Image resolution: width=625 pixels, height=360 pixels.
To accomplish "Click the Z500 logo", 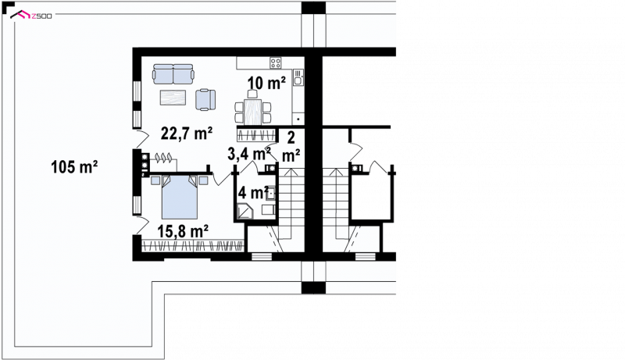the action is pyautogui.click(x=31, y=16).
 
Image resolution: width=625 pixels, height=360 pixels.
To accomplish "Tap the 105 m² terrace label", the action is pyautogui.click(x=74, y=167).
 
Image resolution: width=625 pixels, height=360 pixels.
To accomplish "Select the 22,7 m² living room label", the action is pyautogui.click(x=187, y=134).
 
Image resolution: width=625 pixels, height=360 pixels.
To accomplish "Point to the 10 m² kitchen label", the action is pyautogui.click(x=266, y=83).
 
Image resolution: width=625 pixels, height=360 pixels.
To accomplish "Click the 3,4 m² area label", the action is pyautogui.click(x=249, y=154).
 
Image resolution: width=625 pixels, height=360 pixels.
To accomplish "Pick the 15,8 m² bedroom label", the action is pyautogui.click(x=183, y=231).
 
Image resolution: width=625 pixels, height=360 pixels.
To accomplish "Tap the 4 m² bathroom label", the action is pyautogui.click(x=252, y=193).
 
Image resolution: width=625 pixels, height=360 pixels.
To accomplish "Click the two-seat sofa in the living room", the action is pyautogui.click(x=173, y=74).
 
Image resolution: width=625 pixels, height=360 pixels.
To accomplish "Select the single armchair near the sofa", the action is pyautogui.click(x=205, y=99).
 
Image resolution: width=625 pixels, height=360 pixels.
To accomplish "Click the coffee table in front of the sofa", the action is pyautogui.click(x=173, y=98).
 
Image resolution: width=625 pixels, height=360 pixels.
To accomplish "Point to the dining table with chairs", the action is pyautogui.click(x=252, y=109).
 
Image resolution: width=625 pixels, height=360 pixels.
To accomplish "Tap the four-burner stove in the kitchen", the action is pyautogui.click(x=276, y=63).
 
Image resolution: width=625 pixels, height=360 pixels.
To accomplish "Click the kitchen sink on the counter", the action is pyautogui.click(x=298, y=77).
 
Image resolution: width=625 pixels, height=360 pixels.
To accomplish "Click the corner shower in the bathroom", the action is pyautogui.click(x=244, y=211).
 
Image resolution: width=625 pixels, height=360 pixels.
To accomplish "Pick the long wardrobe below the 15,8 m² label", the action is pyautogui.click(x=193, y=246).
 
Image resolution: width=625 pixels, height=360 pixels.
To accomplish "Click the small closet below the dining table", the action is pyautogui.click(x=257, y=134).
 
